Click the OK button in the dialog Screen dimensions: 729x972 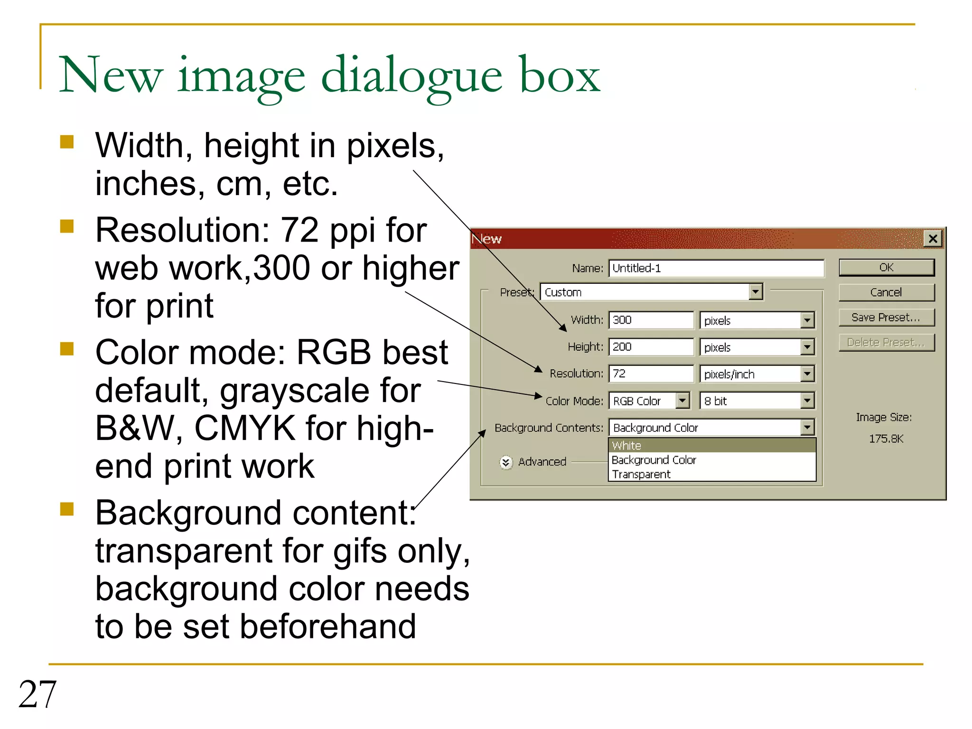click(886, 267)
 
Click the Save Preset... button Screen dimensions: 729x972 click(886, 318)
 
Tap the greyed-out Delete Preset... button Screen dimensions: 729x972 click(886, 342)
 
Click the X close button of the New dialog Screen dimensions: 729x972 click(933, 238)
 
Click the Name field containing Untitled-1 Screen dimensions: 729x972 click(716, 268)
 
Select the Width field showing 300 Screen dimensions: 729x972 click(651, 320)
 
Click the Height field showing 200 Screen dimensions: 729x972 click(651, 347)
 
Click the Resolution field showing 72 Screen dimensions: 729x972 click(651, 374)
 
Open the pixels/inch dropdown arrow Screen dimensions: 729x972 click(807, 374)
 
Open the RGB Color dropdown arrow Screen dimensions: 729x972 click(682, 401)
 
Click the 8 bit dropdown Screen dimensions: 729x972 click(757, 401)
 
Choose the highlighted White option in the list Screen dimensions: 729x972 click(711, 445)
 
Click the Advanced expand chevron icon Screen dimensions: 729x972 click(506, 462)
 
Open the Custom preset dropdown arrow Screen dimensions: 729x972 click(756, 292)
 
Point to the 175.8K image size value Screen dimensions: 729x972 click(886, 439)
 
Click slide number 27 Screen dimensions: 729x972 click(37, 694)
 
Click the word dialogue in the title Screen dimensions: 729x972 click(411, 76)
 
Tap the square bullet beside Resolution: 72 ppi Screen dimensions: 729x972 click(67, 226)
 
